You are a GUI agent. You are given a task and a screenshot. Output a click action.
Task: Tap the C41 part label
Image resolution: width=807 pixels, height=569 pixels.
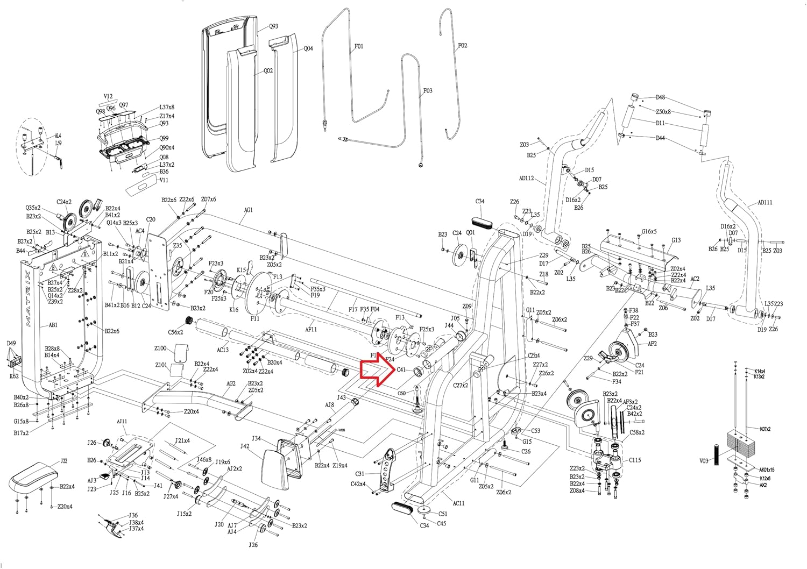[x=401, y=370]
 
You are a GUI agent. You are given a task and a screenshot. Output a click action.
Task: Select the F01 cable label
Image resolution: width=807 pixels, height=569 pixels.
[x=359, y=46]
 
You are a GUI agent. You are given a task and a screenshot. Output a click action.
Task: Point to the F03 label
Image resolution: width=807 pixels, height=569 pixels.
[x=428, y=91]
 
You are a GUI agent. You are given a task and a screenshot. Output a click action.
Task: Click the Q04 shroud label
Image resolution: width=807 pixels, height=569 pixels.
[x=308, y=48]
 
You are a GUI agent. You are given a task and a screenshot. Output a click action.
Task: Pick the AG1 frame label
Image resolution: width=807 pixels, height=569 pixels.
[x=248, y=210]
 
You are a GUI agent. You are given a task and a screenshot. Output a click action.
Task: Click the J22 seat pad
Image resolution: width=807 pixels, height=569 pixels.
[x=32, y=478]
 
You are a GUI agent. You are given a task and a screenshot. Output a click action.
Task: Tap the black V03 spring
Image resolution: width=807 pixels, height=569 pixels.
[x=717, y=455]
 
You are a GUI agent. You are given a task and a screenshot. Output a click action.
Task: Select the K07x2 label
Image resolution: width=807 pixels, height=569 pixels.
[x=764, y=429]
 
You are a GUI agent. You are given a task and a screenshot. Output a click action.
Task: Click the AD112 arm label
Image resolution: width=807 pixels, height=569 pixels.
[x=527, y=178]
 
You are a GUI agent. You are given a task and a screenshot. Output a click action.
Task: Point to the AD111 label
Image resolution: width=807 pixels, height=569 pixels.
[x=764, y=203]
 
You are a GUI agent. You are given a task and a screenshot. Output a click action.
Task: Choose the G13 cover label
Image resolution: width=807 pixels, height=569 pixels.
[x=676, y=240]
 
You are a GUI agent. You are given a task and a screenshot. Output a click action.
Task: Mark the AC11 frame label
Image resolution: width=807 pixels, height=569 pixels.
[x=458, y=503]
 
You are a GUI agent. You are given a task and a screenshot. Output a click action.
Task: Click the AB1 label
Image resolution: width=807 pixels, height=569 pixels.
[x=53, y=325]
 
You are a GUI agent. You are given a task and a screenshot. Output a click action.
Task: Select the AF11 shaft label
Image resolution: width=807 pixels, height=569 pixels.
[x=311, y=329]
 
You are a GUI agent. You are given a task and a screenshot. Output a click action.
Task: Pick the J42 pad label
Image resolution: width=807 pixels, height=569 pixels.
[x=245, y=446]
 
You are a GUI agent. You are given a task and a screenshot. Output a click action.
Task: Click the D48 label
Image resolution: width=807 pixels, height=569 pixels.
[x=660, y=97]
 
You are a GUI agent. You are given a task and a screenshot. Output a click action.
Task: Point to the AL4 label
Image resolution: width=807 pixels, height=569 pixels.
[x=58, y=136]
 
